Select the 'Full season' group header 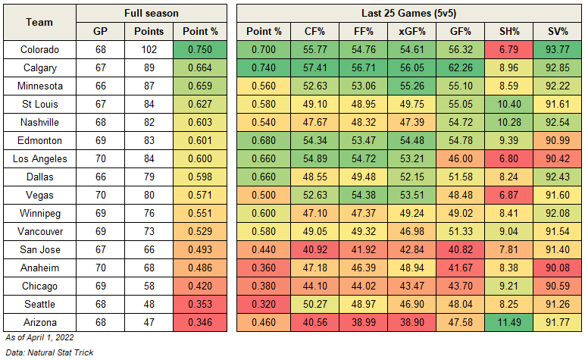point(151,13)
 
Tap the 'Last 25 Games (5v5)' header point(409,13)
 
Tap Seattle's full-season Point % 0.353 point(199,304)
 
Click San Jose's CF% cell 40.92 point(312,249)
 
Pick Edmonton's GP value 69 point(101,140)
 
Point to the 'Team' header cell point(39,22)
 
